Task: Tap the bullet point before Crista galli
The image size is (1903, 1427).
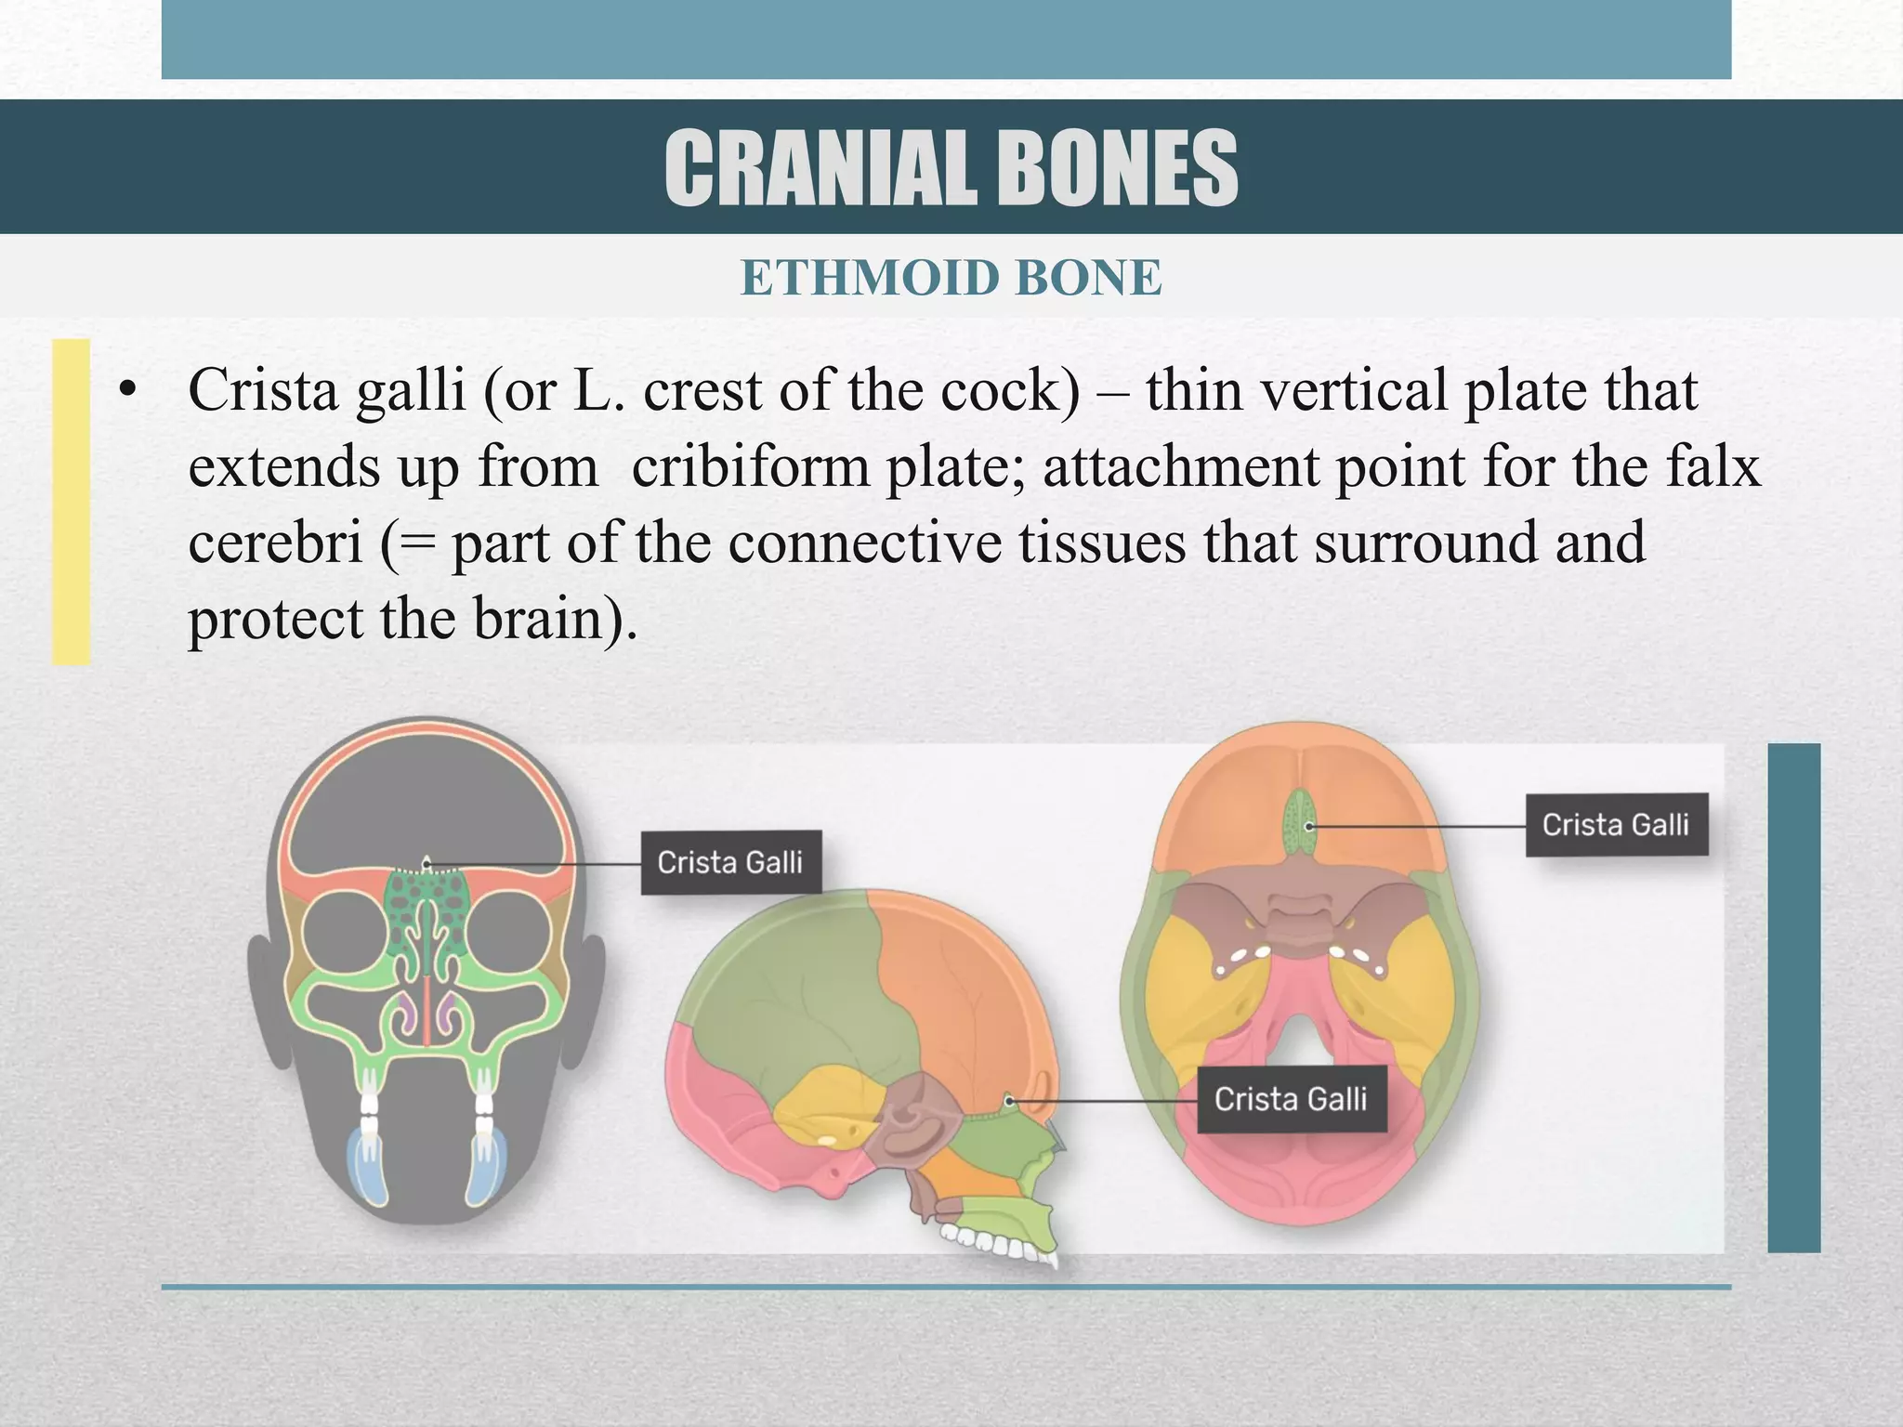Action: [x=127, y=392]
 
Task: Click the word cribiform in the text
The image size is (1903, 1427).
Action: [x=749, y=466]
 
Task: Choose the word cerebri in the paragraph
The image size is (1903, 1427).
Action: [x=275, y=543]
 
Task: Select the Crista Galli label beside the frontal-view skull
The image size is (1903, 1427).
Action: [x=730, y=862]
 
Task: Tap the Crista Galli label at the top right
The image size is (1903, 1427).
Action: [x=1616, y=824]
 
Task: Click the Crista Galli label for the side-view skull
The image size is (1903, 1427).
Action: [x=1291, y=1099]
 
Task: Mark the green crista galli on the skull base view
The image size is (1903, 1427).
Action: [x=1300, y=823]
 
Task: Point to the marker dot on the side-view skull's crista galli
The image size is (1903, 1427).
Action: [x=1009, y=1102]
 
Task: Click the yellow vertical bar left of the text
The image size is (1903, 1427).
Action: [x=71, y=502]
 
